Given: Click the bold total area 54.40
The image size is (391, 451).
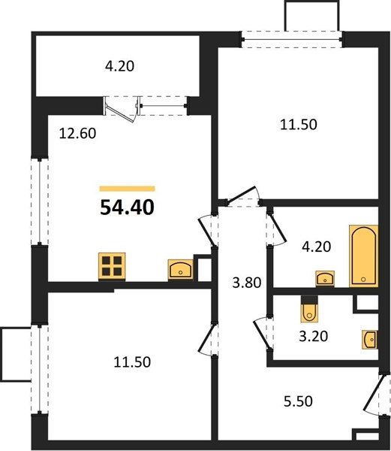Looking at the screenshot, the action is coord(127,207).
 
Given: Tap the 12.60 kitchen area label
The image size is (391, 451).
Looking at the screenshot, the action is coord(77,134).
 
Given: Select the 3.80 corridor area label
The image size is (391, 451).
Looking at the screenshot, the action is coord(247,283).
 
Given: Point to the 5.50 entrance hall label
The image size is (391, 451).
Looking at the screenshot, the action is coord(298,401).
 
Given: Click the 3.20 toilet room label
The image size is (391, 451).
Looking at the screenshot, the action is coord(314,336).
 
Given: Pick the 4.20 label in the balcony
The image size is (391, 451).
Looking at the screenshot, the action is coord(120,66).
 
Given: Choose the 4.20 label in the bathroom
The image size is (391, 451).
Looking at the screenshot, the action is coord(317,247).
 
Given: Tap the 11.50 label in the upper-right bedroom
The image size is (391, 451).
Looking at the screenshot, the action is coord(299,125).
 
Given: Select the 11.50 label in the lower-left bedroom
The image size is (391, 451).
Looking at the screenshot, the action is coord(132,362).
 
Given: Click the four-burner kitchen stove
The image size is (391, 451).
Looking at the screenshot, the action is coord(112,266).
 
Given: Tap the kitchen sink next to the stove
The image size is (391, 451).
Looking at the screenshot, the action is coord(181,270).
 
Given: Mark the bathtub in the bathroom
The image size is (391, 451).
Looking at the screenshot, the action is coord(363,256).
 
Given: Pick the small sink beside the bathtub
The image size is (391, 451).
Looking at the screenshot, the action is coord(325,278).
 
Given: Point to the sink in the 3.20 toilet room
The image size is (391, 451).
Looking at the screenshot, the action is coord(370,340).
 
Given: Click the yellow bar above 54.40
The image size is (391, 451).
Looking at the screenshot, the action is coord(127,189).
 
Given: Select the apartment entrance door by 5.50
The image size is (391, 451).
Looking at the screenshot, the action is coord(377,395).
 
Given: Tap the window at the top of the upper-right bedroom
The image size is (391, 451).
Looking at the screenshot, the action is coord(292,39).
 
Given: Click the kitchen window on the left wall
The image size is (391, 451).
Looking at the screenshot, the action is coord(39,201).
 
